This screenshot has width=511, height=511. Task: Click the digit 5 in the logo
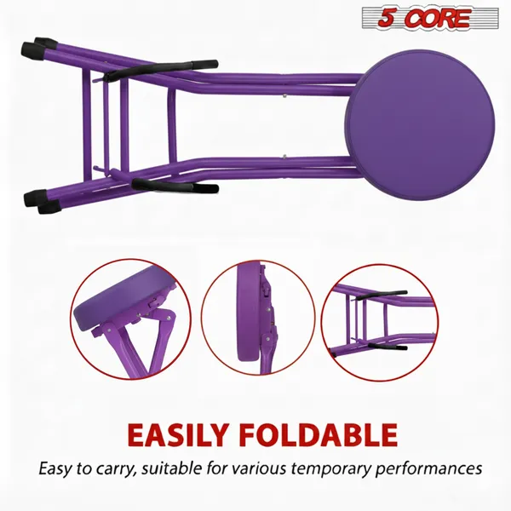pos(376,18)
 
